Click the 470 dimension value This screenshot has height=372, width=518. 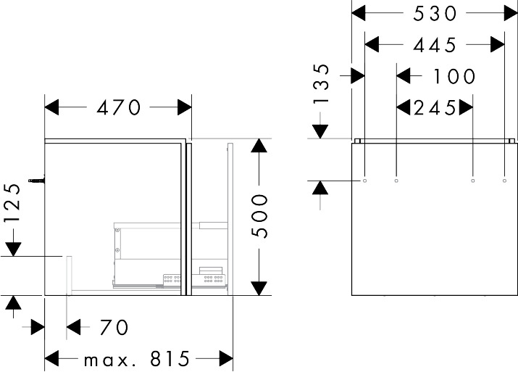click(118, 108)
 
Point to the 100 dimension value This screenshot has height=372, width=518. click(454, 76)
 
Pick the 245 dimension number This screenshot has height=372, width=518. click(435, 108)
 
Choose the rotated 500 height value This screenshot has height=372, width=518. click(261, 216)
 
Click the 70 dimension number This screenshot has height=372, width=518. click(114, 328)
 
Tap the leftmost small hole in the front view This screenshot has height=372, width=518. click(365, 180)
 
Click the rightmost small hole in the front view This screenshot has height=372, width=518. click(504, 180)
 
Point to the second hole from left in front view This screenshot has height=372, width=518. click(396, 180)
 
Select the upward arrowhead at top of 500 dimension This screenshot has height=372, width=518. click(260, 146)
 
